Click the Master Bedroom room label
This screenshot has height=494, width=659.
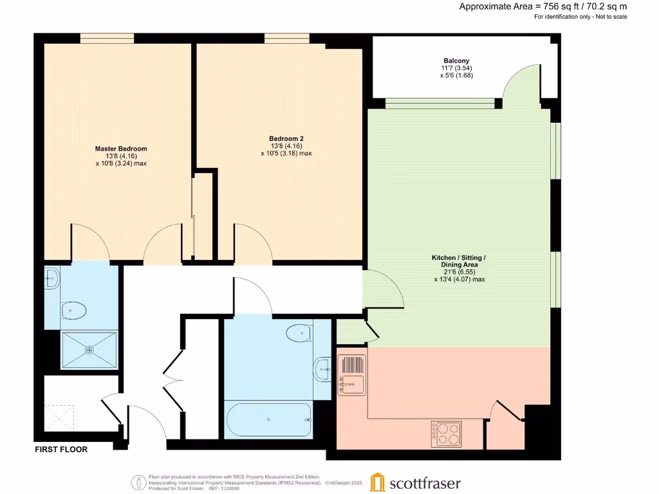[121, 149]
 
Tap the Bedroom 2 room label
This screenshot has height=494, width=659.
[286, 139]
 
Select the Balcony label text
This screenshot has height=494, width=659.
[456, 61]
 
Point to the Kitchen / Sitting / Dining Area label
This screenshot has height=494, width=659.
[458, 258]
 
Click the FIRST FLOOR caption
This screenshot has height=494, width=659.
[61, 450]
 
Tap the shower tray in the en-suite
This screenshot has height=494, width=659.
[89, 350]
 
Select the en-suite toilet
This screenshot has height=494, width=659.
[75, 311]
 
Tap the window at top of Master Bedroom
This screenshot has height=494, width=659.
[107, 39]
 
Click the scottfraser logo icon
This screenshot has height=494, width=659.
[377, 482]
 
